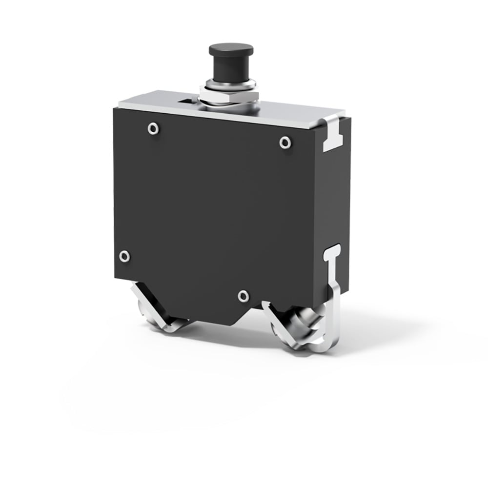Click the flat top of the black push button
231,49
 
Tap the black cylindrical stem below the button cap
231,68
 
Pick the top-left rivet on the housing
153,129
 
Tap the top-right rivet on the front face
285,142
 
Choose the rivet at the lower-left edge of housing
125,256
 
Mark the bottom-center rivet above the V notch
244,296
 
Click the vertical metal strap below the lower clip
335,293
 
